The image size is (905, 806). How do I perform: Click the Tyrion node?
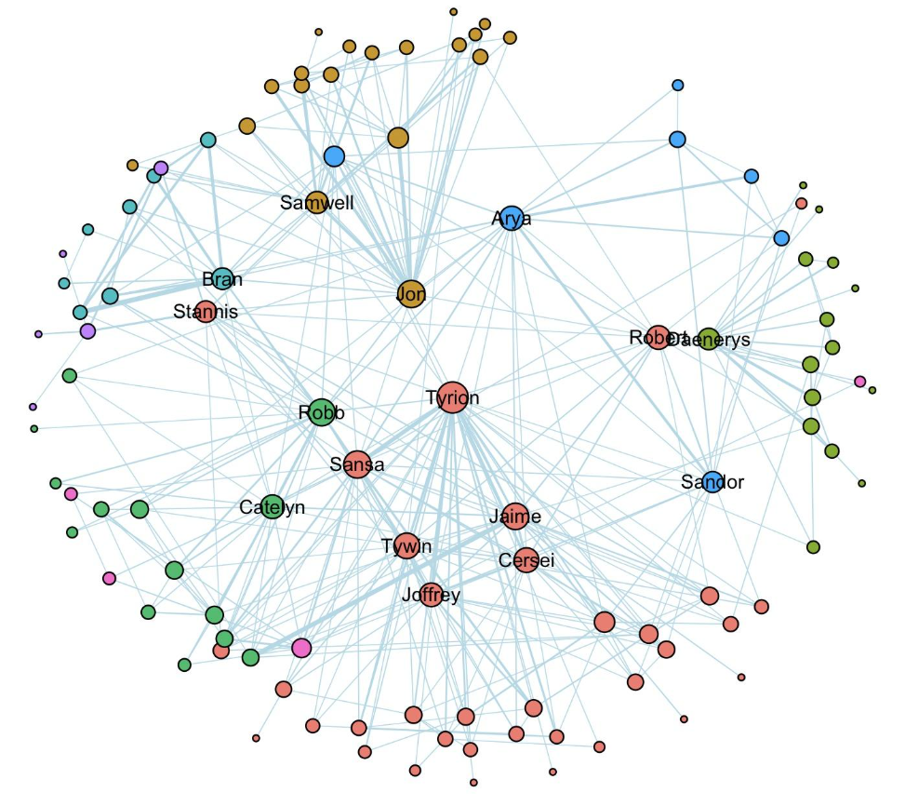pos(452,396)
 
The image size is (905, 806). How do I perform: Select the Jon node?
pos(410,294)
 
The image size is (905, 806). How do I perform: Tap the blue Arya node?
pos(512,219)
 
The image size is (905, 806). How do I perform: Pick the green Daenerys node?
pos(709,339)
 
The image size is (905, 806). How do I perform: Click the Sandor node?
pos(712,481)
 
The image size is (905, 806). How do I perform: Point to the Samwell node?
pos(316,202)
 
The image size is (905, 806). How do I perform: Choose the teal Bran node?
pos(221,278)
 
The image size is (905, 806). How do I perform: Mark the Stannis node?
pos(206,311)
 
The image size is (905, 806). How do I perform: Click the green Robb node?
pos(321,412)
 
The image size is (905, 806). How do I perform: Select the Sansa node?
pos(357,463)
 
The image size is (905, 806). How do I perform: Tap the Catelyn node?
pos(272,506)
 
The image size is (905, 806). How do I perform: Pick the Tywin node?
pos(406,545)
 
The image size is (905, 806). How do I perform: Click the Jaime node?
pos(515,516)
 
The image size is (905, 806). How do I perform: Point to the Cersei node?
pos(526,559)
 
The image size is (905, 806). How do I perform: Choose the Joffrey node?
pos(431,594)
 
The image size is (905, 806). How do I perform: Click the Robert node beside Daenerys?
pos(659,337)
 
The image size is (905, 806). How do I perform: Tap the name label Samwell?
pos(316,202)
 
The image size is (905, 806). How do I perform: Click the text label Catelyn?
pos(272,507)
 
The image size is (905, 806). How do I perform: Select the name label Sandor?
pos(712,482)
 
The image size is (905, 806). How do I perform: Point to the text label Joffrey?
pos(431,595)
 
